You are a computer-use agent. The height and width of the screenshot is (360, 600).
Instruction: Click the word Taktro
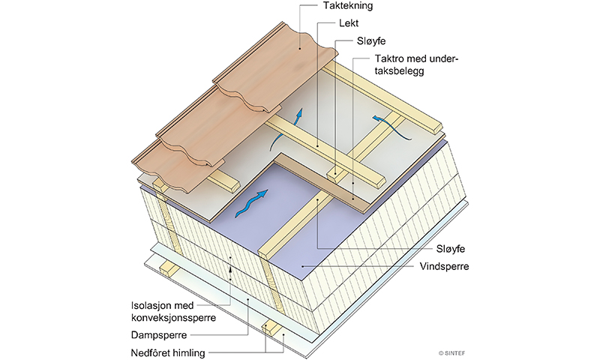(x=389, y=60)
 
